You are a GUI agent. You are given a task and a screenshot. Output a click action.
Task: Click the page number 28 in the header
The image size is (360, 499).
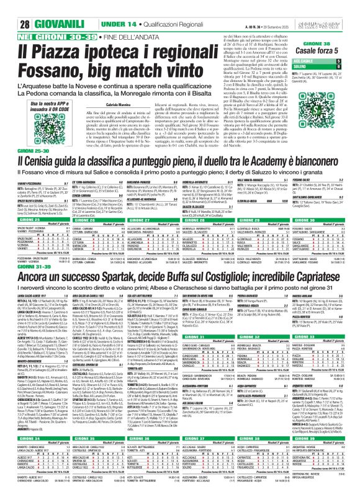click(x=10, y=7)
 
